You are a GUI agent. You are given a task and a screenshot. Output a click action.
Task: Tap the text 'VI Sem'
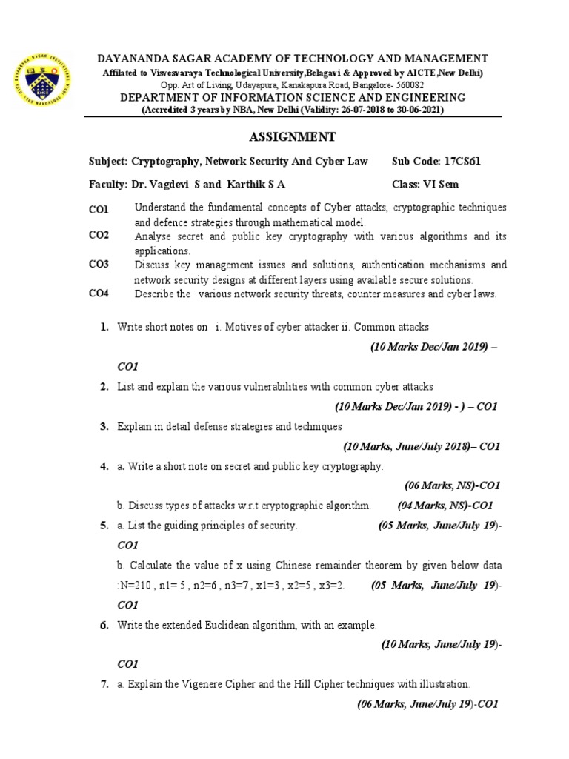(442, 184)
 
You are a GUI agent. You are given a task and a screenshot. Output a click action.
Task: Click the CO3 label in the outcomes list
(99, 265)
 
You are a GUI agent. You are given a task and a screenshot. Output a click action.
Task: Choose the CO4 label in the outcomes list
(99, 294)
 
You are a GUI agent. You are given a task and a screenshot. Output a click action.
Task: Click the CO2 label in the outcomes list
(99, 236)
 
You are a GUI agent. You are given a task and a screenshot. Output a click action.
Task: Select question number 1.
(104, 327)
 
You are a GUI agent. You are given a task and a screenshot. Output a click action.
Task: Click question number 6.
(104, 625)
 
